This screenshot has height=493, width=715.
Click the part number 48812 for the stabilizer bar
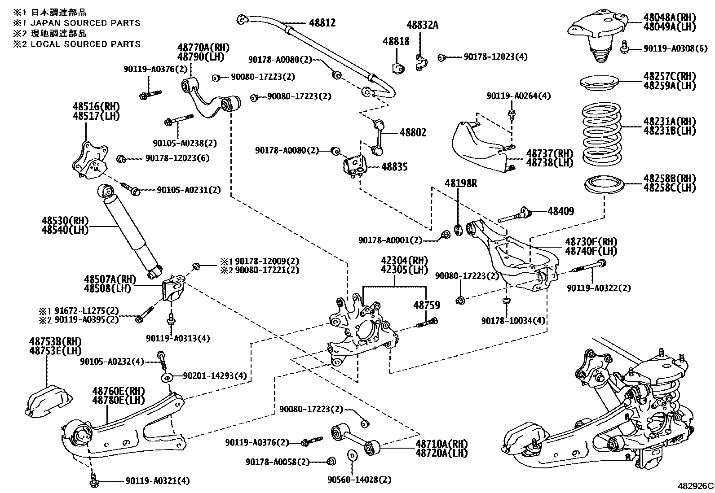coord(322,23)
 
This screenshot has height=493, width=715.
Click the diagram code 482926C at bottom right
coord(695,486)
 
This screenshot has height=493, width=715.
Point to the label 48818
coord(396,41)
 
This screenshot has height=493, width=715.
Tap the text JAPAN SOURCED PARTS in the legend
coord(85,23)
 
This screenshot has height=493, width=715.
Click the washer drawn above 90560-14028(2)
coord(353,454)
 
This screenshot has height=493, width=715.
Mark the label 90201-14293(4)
coord(215,376)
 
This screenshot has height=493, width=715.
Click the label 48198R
coord(461,183)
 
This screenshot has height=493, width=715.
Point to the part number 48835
coord(394,167)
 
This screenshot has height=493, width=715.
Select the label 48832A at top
coord(422,25)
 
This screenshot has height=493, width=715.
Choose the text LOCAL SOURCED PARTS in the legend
coord(85,44)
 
